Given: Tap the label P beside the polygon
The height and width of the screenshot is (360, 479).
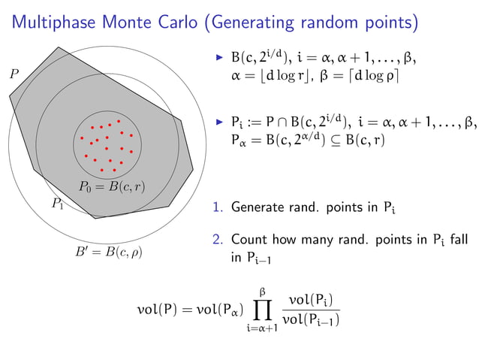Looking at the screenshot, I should tap(14, 74).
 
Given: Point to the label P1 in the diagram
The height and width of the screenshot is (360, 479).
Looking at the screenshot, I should tap(57, 204).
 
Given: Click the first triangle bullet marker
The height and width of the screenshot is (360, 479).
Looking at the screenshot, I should tap(219, 57).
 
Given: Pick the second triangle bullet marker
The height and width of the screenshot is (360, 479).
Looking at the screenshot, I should tap(219, 121).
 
